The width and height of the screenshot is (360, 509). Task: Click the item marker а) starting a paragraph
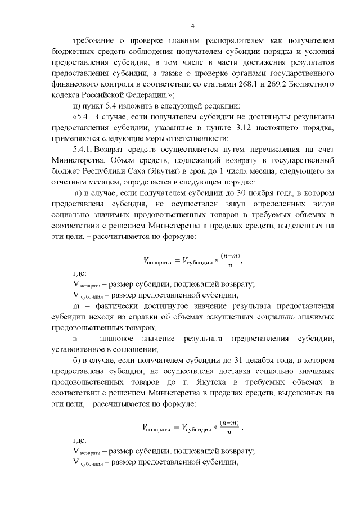point(79,193)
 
